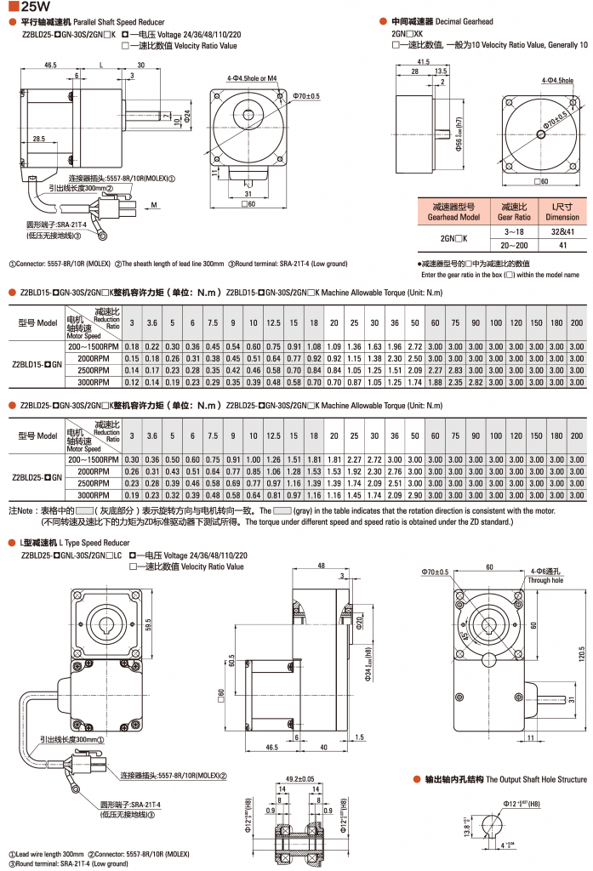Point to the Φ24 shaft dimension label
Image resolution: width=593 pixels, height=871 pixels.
pos(187,112)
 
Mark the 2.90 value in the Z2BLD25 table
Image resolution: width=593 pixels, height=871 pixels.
pos(414,495)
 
